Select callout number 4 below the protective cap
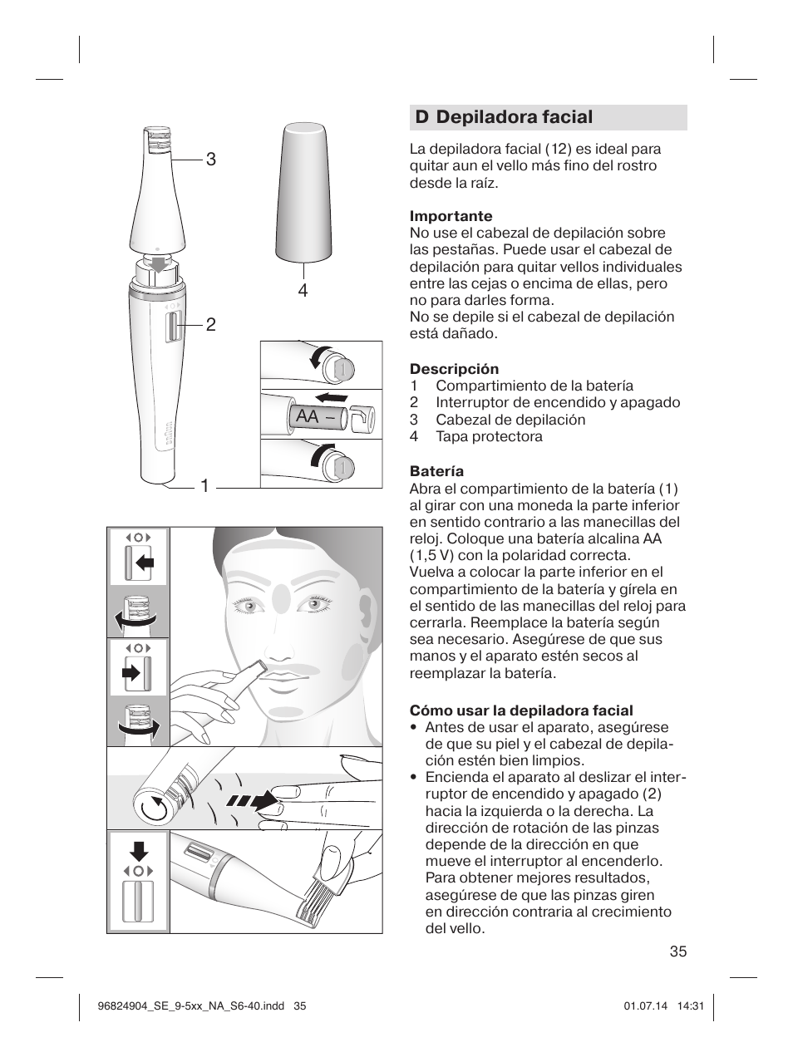point(303,290)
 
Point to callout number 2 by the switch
point(211,325)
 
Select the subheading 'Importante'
point(451,216)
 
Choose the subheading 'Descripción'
point(454,369)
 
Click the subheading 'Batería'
point(436,471)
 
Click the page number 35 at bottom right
point(677,952)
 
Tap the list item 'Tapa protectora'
point(489,436)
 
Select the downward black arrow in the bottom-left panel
point(139,850)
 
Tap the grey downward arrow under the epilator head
point(158,264)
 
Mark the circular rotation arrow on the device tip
point(154,805)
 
